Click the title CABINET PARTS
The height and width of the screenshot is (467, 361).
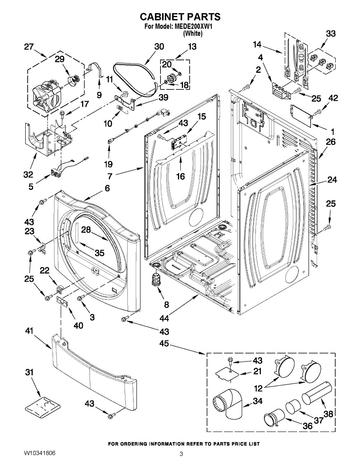click(180, 17)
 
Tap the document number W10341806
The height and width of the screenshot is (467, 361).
click(39, 453)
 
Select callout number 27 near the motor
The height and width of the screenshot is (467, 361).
click(29, 47)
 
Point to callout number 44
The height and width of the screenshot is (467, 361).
click(164, 318)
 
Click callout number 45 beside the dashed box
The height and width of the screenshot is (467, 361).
click(164, 344)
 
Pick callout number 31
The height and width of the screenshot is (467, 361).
click(30, 372)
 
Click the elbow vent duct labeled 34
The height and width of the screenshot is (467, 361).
click(230, 405)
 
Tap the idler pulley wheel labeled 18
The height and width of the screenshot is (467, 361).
click(170, 77)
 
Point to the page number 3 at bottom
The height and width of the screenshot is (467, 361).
click(181, 454)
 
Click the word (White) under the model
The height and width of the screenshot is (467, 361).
click(192, 33)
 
